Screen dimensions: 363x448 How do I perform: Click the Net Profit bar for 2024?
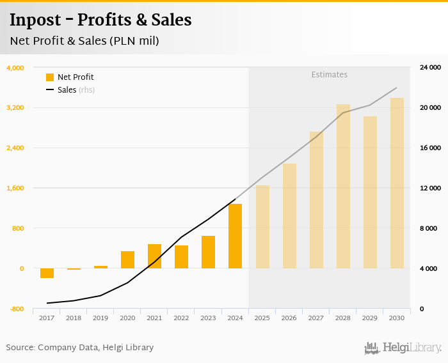click(235, 236)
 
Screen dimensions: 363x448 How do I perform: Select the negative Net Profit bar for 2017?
click(47, 274)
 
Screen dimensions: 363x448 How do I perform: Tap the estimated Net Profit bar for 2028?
click(343, 186)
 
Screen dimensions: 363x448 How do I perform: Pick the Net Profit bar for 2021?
click(154, 256)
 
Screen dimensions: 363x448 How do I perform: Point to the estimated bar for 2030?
click(397, 183)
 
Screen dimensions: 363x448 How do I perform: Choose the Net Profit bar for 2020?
click(127, 259)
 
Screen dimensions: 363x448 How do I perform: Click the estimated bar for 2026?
click(289, 216)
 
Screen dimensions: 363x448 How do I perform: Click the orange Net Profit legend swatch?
click(50, 77)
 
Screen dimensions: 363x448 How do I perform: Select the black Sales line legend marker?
click(50, 90)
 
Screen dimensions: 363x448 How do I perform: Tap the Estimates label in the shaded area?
click(329, 75)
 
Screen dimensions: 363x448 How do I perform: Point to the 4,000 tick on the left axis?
click(15, 68)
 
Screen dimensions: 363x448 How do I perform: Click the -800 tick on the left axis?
click(15, 309)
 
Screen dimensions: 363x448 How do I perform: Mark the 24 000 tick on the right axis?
click(429, 68)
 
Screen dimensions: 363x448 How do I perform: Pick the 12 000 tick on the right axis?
click(429, 189)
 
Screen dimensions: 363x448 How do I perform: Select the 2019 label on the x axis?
click(100, 318)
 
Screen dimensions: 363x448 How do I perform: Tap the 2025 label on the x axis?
click(262, 318)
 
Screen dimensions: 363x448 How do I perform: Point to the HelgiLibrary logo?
click(403, 348)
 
